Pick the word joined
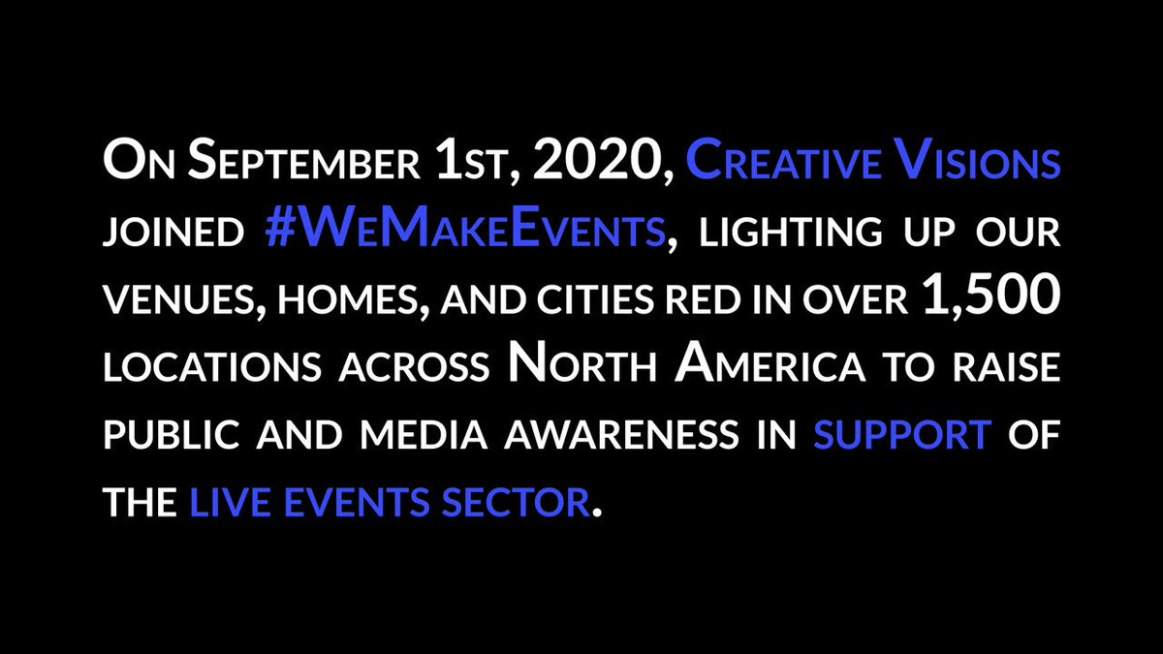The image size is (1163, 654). tap(173, 232)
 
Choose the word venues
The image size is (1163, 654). tap(183, 300)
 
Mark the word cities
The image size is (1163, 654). tap(595, 299)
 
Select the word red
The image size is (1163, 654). tap(703, 299)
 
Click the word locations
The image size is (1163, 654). tap(212, 366)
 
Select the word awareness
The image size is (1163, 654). tap(620, 434)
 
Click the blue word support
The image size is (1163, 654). tap(902, 434)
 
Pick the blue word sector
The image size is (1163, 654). tap(516, 502)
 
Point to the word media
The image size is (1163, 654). tap(424, 434)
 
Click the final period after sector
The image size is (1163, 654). tap(597, 513)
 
